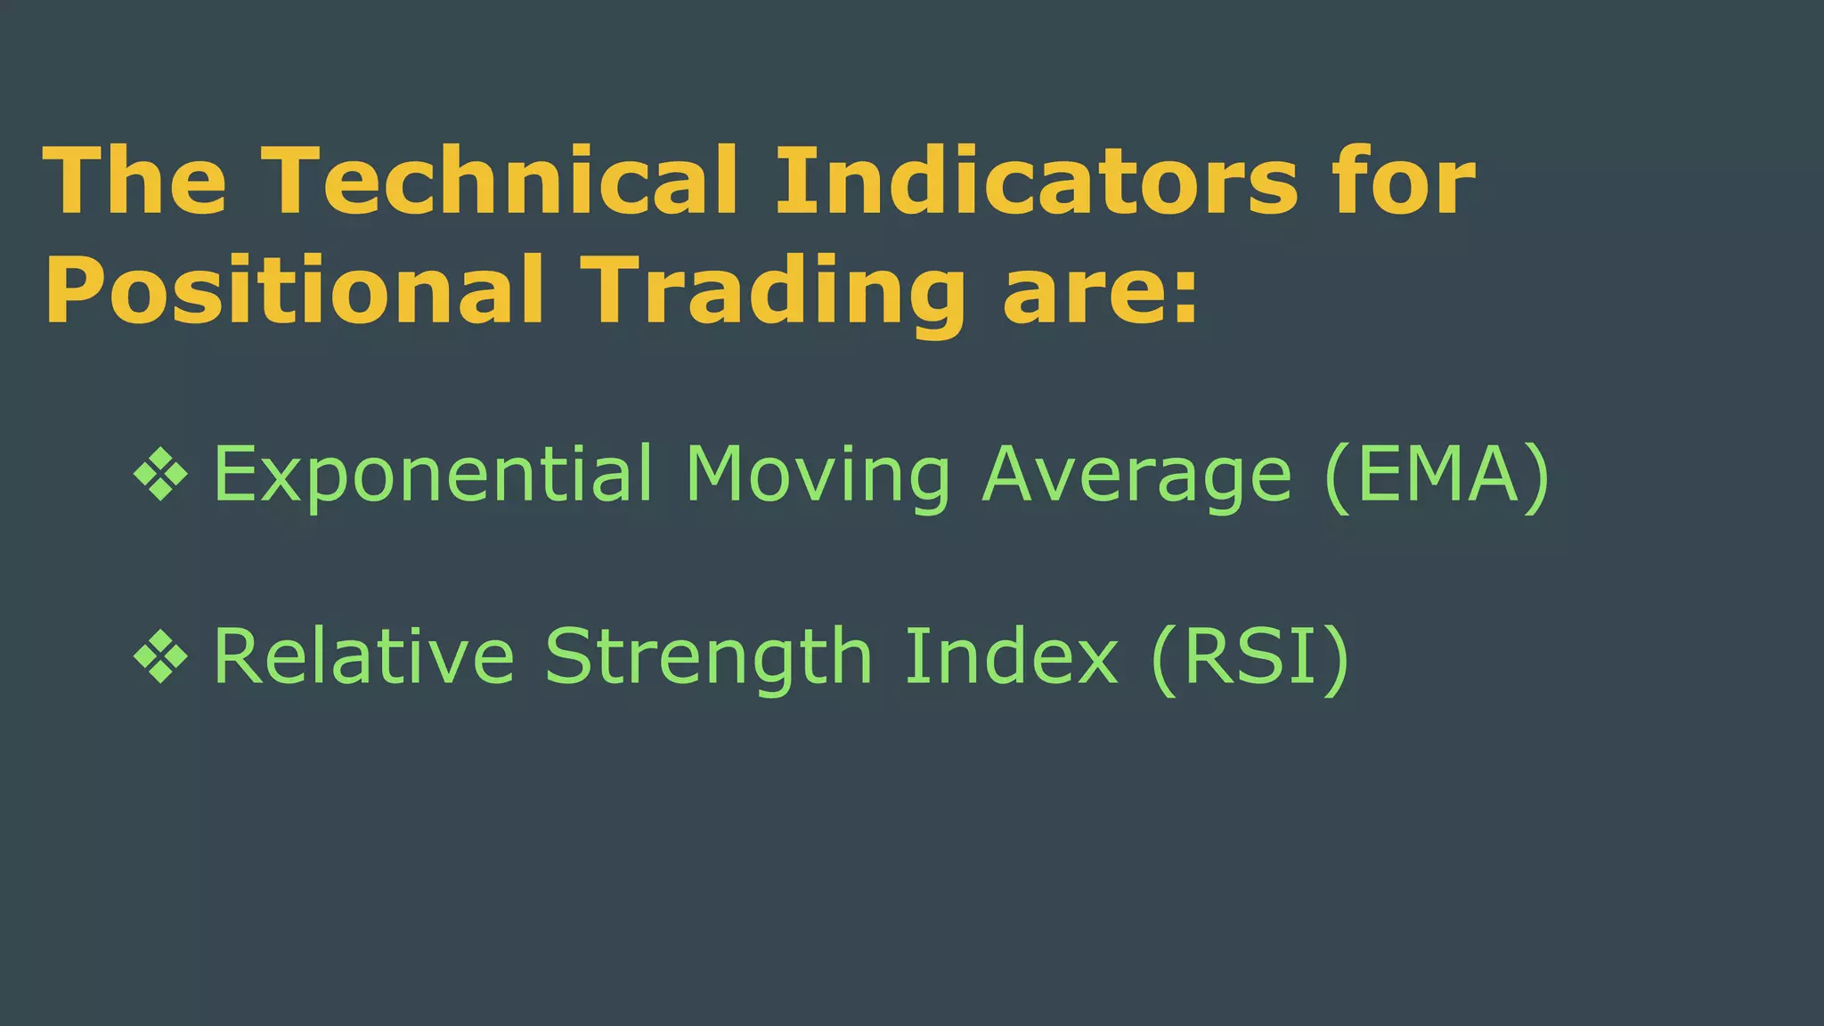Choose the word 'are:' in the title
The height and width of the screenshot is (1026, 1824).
(1101, 290)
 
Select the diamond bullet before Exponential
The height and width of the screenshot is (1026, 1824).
(160, 475)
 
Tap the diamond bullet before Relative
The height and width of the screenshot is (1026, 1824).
(160, 657)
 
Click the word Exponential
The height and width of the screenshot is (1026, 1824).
(433, 475)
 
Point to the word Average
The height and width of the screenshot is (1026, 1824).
(1136, 475)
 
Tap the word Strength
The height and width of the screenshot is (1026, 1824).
(708, 657)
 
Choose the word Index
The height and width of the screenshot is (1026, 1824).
(1011, 657)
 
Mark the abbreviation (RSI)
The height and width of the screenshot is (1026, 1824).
(1250, 657)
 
